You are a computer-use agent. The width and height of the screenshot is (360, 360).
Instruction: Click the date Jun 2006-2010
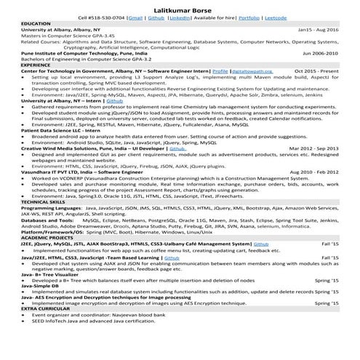tap(319, 54)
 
